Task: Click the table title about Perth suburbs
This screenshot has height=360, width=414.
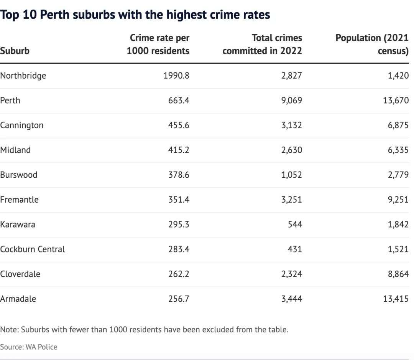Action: coord(135,15)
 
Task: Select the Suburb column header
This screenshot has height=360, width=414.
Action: coord(15,51)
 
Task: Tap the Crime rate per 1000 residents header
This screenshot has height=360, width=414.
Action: coord(158,44)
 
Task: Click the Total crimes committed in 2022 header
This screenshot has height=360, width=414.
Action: coord(262,44)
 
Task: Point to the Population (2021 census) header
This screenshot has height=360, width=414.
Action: coord(372,44)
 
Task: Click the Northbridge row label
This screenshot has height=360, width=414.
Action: coord(23,76)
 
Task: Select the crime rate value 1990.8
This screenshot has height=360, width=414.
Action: coord(176,76)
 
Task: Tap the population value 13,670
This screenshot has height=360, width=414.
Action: coord(396,101)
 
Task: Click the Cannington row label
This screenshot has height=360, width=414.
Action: coord(22,126)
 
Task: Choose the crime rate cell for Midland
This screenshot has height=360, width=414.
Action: coord(179,150)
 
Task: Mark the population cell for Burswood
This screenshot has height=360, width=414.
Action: coord(398,175)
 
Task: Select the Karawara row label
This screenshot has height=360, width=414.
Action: coord(18,225)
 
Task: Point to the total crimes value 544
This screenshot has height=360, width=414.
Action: coord(295,225)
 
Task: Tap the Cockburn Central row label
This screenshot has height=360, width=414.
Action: coord(33,249)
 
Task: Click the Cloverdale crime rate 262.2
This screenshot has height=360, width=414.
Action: coord(179,274)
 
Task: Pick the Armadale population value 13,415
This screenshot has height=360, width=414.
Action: coord(396,299)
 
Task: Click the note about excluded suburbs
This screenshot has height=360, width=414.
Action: coord(144,330)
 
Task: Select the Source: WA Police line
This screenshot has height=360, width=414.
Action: coord(29,347)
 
